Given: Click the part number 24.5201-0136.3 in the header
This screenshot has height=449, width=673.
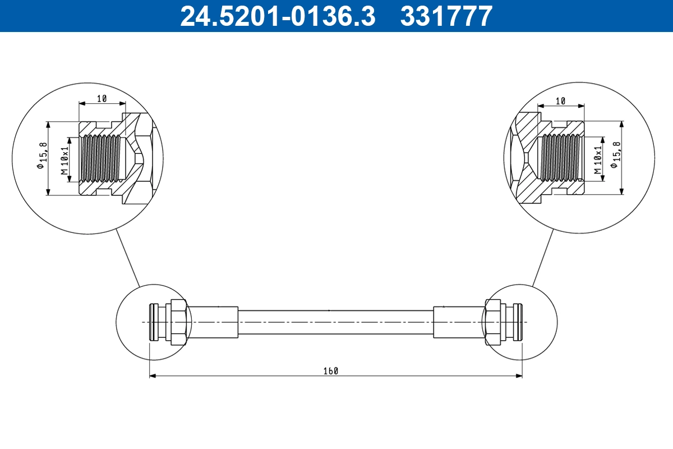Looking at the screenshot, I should [x=277, y=16].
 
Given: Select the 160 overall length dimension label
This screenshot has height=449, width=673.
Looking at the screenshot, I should [x=331, y=371].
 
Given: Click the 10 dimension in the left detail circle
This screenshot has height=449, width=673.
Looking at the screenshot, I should [x=102, y=99].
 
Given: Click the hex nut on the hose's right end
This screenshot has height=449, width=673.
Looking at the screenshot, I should [x=493, y=322].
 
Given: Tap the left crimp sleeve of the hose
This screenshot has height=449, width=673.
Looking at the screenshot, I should [x=213, y=322].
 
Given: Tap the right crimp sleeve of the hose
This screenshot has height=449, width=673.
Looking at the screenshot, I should [x=458, y=322].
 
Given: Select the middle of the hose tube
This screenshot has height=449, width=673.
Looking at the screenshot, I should [x=335, y=322].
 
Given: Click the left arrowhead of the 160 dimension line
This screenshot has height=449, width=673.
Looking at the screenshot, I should [x=152, y=376].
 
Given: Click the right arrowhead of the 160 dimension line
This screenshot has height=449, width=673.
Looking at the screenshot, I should [x=519, y=376].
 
